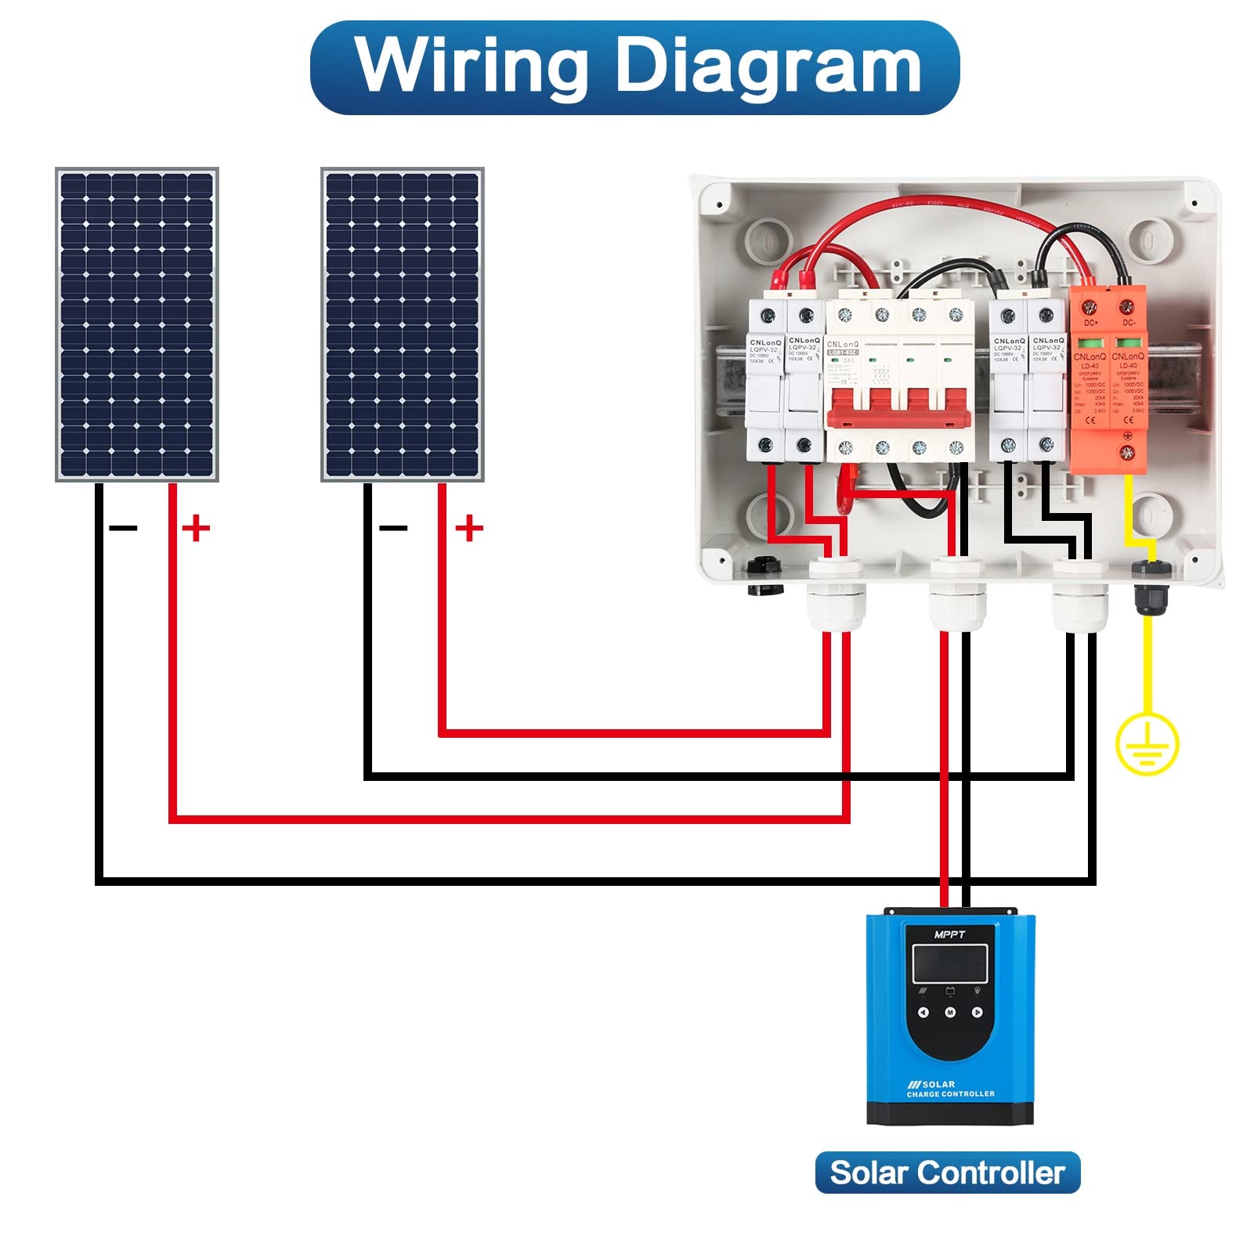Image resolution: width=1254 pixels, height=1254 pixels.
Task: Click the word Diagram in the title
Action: (x=768, y=67)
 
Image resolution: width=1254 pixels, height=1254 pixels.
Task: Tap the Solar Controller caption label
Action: (x=947, y=1173)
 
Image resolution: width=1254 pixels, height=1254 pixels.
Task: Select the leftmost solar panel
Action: (x=136, y=324)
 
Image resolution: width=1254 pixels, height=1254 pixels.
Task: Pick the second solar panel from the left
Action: (x=403, y=324)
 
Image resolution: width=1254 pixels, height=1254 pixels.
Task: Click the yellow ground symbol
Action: (x=1147, y=743)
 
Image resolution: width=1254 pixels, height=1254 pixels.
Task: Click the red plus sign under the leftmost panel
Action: (x=196, y=528)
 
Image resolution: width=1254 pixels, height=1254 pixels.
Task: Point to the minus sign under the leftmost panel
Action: (x=123, y=529)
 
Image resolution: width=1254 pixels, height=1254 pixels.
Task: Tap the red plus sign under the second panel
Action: (x=468, y=528)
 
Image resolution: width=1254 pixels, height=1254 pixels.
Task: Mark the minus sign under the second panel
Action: (x=393, y=529)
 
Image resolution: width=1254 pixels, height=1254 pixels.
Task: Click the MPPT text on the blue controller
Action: (x=949, y=934)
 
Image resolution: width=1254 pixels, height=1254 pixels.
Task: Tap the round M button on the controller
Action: (x=950, y=1012)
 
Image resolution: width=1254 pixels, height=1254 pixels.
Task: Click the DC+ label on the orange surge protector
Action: (x=1090, y=323)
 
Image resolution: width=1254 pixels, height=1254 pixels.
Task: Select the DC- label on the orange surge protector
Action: (x=1129, y=323)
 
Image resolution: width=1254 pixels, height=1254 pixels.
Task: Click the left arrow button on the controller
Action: (x=923, y=1012)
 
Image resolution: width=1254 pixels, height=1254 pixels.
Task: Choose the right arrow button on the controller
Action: (x=977, y=1012)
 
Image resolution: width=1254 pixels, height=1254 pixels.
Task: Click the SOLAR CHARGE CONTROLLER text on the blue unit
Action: (x=950, y=1089)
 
